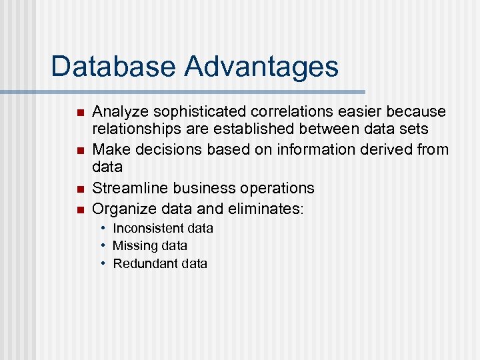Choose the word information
click(x=303, y=149)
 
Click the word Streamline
click(x=130, y=188)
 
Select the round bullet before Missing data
click(x=104, y=246)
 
